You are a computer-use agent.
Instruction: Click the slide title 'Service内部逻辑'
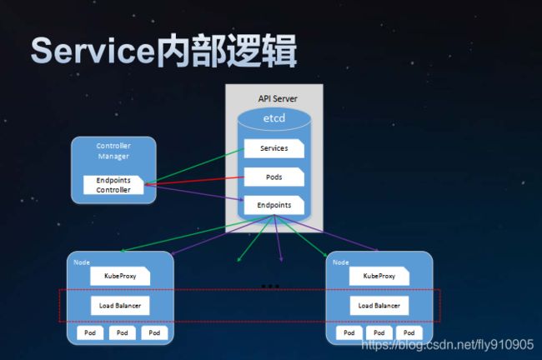tap(163, 51)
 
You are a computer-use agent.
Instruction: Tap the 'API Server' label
tap(278, 99)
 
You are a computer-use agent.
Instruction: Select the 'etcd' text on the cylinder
tap(274, 118)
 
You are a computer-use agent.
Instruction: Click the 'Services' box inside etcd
tap(274, 148)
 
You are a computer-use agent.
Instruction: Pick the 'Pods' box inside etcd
tap(274, 177)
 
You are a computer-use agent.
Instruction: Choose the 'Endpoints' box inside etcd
tap(274, 205)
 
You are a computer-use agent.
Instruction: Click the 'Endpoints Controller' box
tap(113, 185)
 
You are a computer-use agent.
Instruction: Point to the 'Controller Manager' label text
tap(113, 151)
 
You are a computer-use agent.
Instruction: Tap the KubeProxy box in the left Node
tap(120, 276)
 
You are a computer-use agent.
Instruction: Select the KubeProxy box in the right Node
tap(379, 276)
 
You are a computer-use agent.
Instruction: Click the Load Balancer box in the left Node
tap(120, 305)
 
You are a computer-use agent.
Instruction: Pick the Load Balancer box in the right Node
tap(379, 305)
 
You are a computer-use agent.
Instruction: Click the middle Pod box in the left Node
tap(123, 332)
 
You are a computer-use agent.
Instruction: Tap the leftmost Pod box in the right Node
tap(349, 332)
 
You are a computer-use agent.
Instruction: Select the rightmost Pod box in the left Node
tap(154, 332)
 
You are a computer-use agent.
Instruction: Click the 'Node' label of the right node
tap(341, 262)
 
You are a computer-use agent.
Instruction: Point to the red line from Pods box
tap(194, 181)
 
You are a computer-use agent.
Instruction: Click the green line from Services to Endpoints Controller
tap(194, 166)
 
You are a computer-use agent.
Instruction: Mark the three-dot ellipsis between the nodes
tap(270, 287)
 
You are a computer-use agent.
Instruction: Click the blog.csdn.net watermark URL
tap(448, 344)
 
